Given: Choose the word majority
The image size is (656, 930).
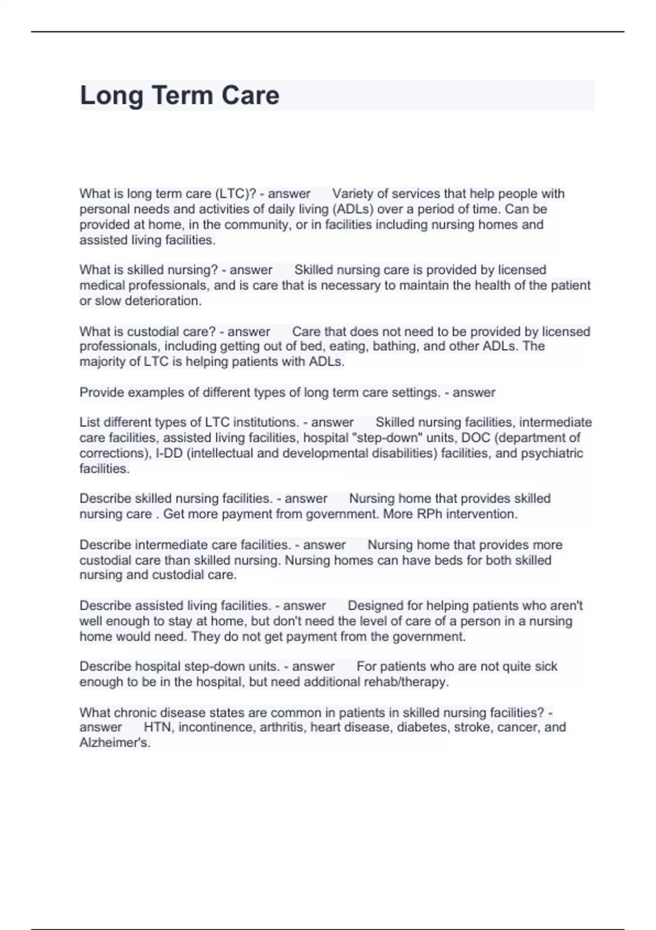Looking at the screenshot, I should (x=103, y=362).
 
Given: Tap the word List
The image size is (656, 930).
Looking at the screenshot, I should (x=89, y=422).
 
